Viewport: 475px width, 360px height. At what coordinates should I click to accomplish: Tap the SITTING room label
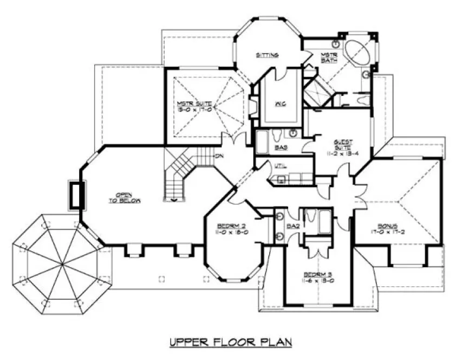pyautogui.click(x=267, y=55)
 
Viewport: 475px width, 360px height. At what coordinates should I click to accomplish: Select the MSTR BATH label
pyautogui.click(x=329, y=57)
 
